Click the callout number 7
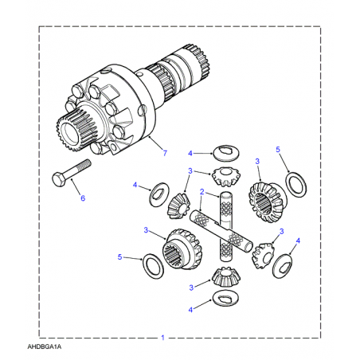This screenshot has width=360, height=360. tap(165, 153)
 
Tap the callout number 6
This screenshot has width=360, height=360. tap(83, 198)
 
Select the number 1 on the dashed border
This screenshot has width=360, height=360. tap(162, 338)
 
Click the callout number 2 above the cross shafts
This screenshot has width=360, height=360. tap(202, 192)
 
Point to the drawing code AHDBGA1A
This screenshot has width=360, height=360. tap(45, 346)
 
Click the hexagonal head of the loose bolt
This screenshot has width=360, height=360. tap(59, 179)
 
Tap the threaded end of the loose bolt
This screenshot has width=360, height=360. tap(85, 165)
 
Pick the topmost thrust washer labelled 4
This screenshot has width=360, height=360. tap(226, 153)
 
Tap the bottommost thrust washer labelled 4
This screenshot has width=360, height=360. tap(225, 299)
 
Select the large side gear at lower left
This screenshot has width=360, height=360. tap(182, 249)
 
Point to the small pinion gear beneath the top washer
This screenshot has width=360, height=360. tap(226, 176)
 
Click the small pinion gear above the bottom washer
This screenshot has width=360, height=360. tap(226, 276)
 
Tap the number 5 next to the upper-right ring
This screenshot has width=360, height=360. tap(278, 150)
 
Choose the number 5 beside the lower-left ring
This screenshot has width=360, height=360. tap(119, 257)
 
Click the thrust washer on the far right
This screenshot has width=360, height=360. tap(282, 266)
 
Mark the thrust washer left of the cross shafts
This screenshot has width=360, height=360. tap(159, 194)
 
